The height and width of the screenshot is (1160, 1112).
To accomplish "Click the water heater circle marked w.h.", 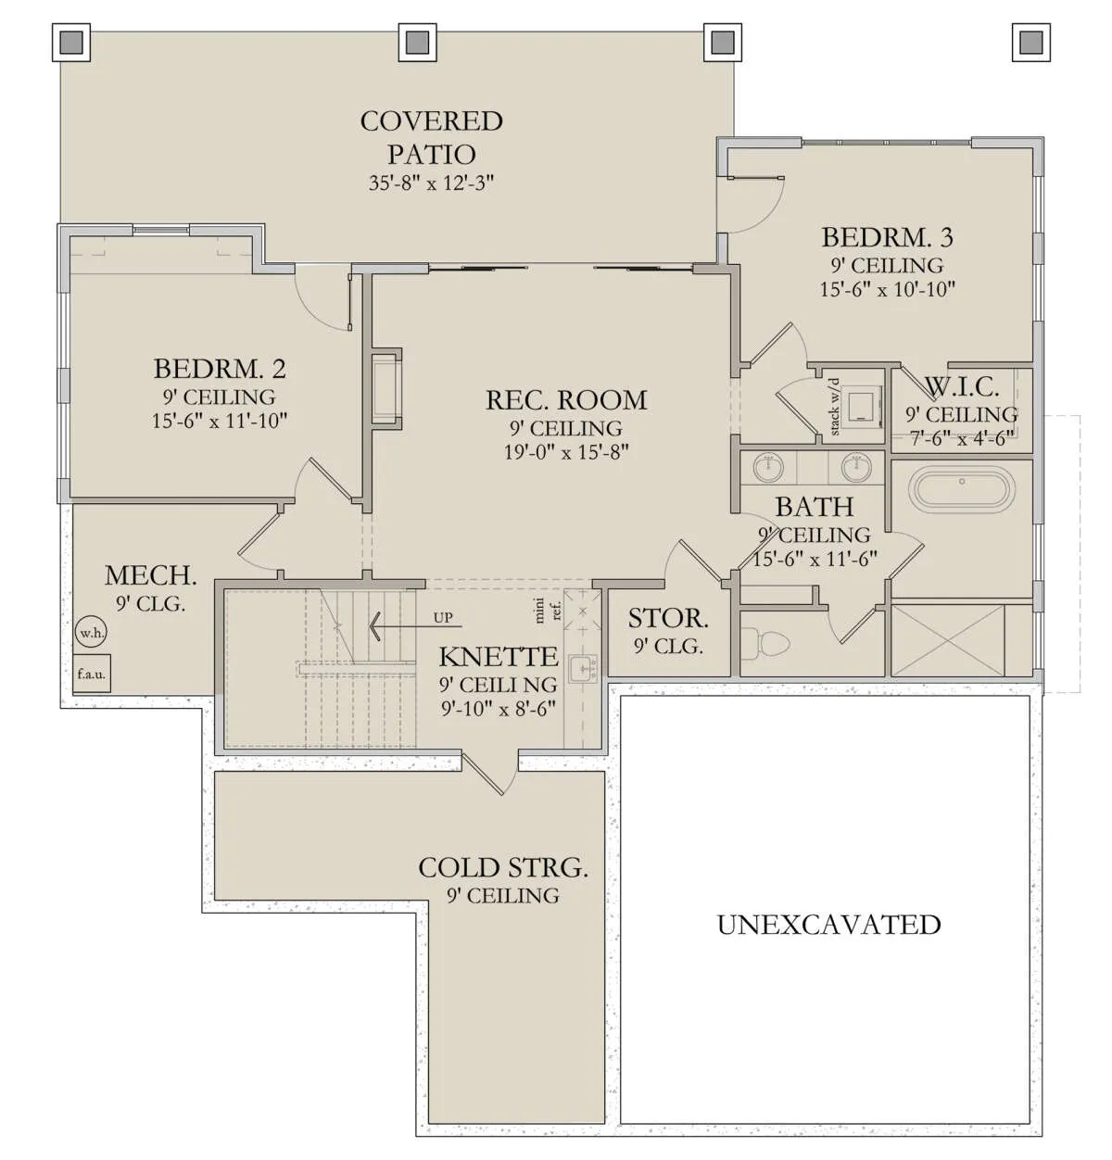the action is click(91, 633).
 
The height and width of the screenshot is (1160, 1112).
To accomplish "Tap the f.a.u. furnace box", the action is click(91, 674).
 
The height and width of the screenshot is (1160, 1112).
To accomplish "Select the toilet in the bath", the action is click(767, 643).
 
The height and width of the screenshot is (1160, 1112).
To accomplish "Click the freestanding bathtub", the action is click(961, 489).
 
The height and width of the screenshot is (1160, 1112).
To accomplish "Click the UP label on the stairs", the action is click(442, 618).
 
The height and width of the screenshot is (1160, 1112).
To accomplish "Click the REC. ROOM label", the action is click(566, 400).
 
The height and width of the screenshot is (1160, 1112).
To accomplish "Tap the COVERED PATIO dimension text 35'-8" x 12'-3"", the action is click(431, 183).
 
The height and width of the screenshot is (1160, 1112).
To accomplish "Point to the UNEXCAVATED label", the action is click(828, 925).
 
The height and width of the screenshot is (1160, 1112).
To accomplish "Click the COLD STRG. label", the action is click(502, 868).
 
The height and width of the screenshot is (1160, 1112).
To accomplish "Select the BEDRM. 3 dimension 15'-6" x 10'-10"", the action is click(887, 290).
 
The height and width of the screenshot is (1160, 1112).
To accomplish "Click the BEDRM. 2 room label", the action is click(220, 369).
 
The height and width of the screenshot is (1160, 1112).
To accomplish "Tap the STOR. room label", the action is click(668, 618).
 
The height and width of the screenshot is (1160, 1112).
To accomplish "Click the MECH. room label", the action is click(150, 575).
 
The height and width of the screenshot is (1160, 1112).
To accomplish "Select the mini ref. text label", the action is click(548, 610).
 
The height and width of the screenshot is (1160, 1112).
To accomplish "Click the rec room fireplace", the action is click(386, 388).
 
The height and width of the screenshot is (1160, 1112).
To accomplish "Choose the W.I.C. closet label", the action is click(961, 387).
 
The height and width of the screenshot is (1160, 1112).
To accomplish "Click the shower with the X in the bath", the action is click(947, 640).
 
